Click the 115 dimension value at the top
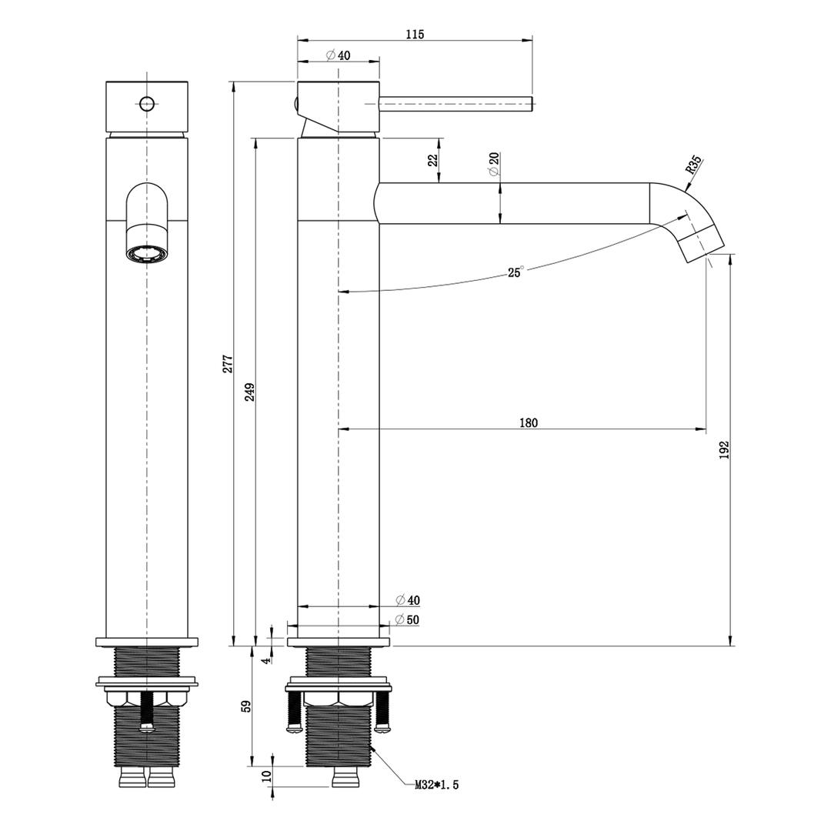(x=415, y=34)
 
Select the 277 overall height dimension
(x=228, y=363)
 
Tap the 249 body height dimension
(x=250, y=392)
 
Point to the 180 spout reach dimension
(x=529, y=422)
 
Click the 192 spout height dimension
(x=724, y=450)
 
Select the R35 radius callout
(x=692, y=166)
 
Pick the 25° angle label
(x=515, y=272)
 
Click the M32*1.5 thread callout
(x=436, y=786)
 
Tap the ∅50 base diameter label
(x=407, y=620)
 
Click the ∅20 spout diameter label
(x=494, y=163)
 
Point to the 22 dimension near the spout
(x=432, y=160)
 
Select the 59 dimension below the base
(x=247, y=706)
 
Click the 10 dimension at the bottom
(x=267, y=776)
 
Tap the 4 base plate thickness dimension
(x=267, y=660)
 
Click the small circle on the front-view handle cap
(x=146, y=102)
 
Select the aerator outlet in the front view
(x=146, y=252)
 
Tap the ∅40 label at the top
(x=338, y=55)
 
